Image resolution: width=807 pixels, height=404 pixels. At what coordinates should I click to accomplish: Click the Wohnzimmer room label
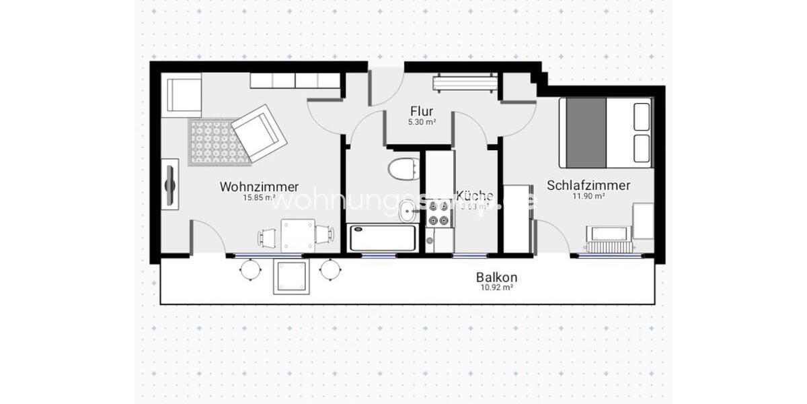[x=259, y=187]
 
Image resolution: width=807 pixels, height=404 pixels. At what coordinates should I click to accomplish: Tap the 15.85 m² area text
[x=259, y=198]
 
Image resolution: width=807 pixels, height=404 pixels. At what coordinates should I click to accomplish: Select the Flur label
[x=422, y=111]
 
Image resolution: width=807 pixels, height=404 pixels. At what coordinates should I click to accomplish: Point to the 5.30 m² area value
[x=422, y=123]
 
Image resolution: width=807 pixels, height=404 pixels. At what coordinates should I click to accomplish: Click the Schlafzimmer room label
[x=588, y=184]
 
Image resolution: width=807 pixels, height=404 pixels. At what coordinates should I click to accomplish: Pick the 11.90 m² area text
[x=588, y=197]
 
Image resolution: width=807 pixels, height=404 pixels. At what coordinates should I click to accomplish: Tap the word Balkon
[x=496, y=277]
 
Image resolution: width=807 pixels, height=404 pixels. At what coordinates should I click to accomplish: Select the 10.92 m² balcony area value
[x=496, y=288]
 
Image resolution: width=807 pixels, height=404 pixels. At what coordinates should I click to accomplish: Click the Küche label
[x=475, y=195]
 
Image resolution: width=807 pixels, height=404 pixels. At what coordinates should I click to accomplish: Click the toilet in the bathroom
[x=403, y=168]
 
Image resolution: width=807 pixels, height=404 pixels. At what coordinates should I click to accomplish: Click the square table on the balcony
[x=291, y=277]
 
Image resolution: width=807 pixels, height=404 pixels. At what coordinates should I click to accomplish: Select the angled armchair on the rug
[x=258, y=132]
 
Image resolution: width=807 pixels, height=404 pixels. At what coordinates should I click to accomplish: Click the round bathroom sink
[x=408, y=213]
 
